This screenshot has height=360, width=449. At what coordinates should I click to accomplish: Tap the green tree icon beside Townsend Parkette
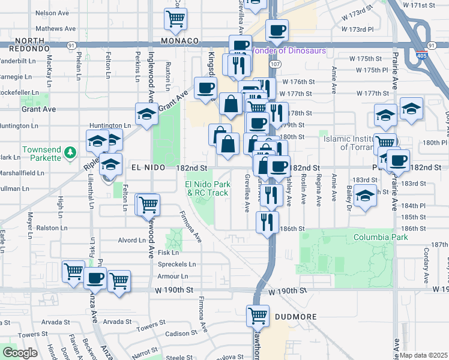click(71, 151)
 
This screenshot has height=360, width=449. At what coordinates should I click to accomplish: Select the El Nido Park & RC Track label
click(207, 188)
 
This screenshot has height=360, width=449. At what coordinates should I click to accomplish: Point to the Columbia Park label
click(381, 237)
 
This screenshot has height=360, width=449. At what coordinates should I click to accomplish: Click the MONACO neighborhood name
click(179, 41)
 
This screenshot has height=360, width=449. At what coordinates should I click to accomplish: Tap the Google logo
click(20, 353)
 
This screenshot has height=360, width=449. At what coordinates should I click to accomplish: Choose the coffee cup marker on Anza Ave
click(95, 278)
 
